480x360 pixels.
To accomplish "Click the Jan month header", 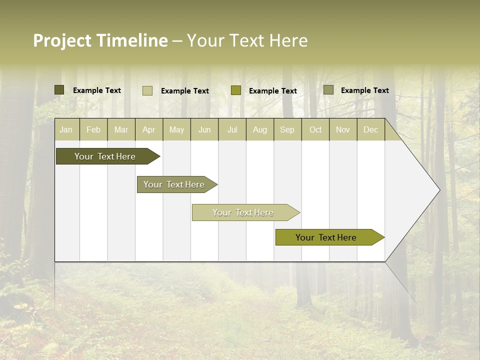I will tap(66, 129).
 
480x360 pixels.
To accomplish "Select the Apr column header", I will tap(148, 129).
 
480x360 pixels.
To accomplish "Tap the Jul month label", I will tap(232, 129).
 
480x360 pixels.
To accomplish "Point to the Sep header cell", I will tap(287, 129).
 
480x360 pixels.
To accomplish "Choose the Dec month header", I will tap(370, 129).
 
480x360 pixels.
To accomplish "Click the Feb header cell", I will tap(93, 129).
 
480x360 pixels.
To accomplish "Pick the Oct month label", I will tap(315, 129).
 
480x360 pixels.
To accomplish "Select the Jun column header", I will tap(204, 129).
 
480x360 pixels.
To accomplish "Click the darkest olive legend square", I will tap(59, 90).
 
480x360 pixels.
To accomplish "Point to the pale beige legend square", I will tap(147, 90).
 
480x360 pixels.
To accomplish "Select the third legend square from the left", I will tap(236, 90).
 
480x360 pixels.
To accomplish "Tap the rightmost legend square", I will tap(328, 90).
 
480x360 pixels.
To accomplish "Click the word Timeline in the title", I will tap(132, 40).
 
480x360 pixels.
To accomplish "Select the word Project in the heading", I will tap(62, 40).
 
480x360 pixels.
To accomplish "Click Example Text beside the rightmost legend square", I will tap(364, 90).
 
